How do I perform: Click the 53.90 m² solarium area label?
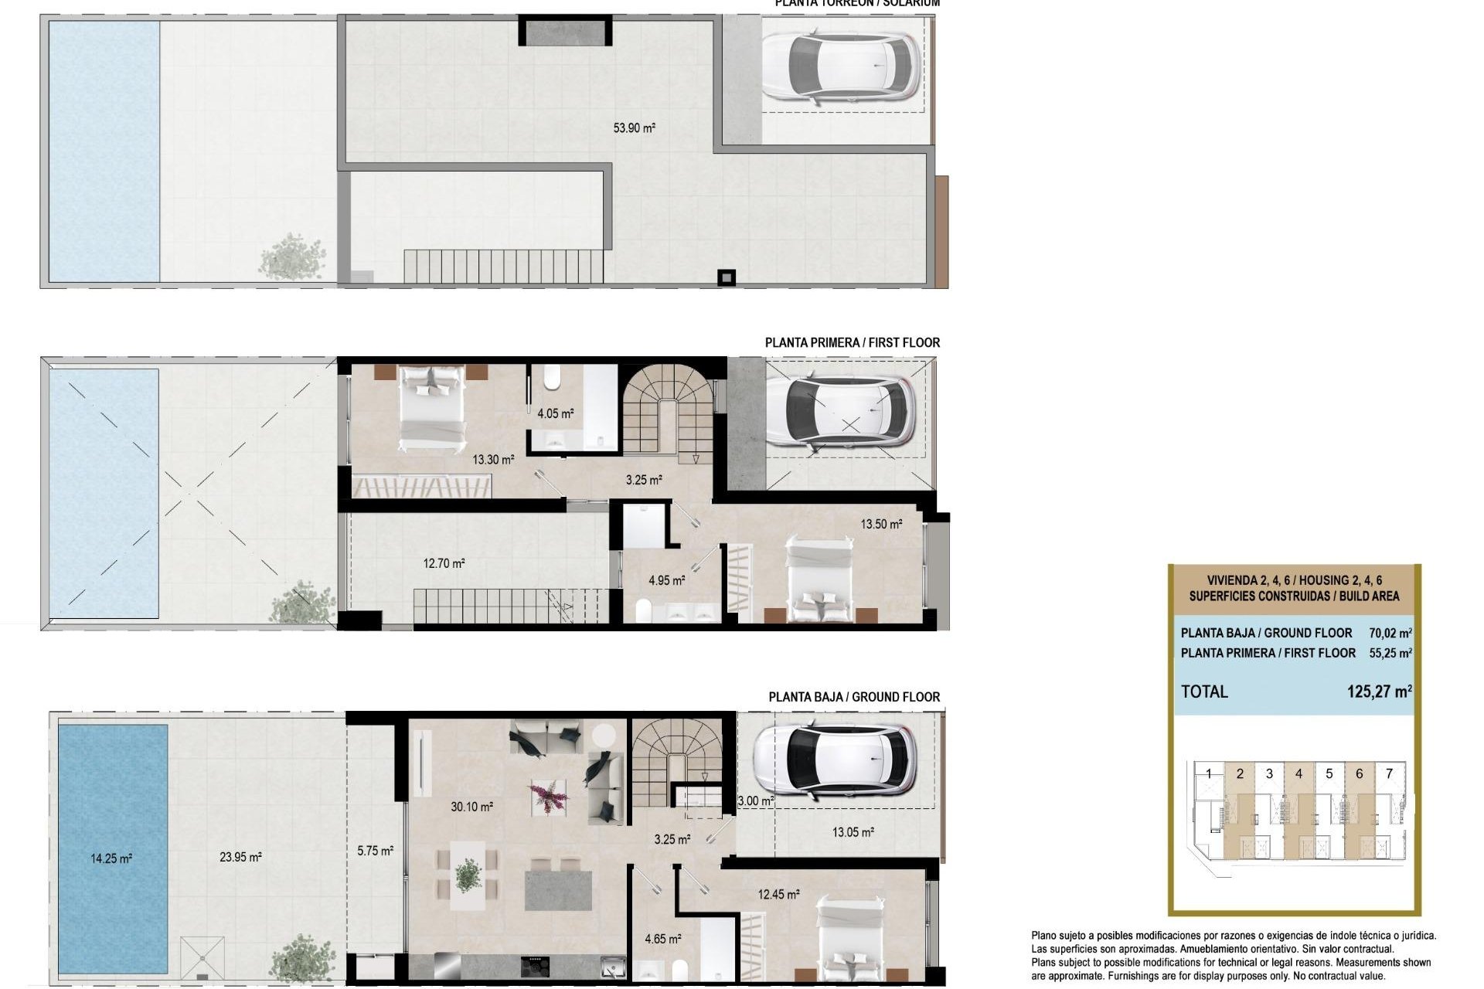634,128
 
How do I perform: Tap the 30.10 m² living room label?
471,807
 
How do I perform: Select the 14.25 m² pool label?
111,858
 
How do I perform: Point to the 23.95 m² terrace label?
240,856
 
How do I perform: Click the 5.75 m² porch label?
375,850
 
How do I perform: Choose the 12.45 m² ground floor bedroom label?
778,894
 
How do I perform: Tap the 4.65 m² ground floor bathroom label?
662,939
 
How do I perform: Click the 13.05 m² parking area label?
853,832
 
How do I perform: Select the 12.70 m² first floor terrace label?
444,563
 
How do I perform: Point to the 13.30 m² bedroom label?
493,460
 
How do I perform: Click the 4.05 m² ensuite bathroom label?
555,413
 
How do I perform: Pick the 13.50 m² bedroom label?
881,524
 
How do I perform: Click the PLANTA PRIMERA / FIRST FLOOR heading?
852,342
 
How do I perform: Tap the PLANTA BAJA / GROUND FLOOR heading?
853,697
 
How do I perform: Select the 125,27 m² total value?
1379,692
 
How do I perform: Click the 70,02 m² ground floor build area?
1390,633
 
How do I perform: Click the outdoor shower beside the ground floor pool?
203,958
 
